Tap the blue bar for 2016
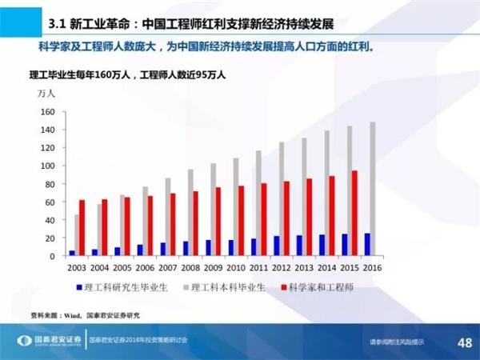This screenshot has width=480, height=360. click(x=367, y=244)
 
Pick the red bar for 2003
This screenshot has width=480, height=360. click(x=81, y=227)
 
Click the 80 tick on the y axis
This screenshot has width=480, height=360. click(x=49, y=184)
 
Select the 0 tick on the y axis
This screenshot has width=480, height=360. click(x=52, y=256)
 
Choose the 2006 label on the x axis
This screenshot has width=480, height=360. click(x=145, y=267)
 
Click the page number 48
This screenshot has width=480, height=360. click(x=463, y=342)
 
